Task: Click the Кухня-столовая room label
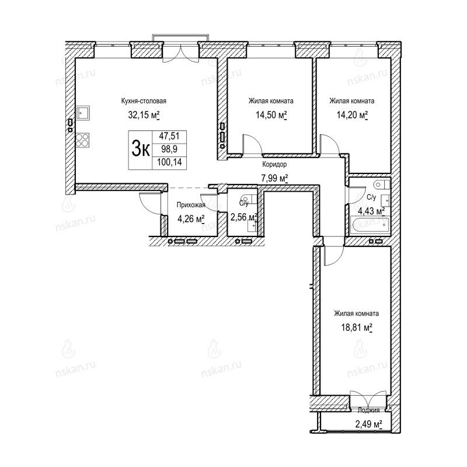tap(144, 101)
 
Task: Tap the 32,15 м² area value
tap(144, 115)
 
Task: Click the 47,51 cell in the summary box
tap(169, 136)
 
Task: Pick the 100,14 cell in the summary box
tap(169, 163)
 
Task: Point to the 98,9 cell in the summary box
tap(169, 149)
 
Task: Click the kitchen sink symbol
tap(83, 113)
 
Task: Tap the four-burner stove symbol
tap(82, 140)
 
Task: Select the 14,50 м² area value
tap(271, 115)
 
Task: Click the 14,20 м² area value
tap(352, 115)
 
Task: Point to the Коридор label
tap(274, 164)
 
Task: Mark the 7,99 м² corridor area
tap(274, 179)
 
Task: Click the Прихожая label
tap(191, 205)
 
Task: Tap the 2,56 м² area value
tap(243, 217)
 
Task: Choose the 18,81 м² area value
tap(357, 328)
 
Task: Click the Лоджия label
tap(368, 410)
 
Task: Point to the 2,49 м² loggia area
tap(368, 424)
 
